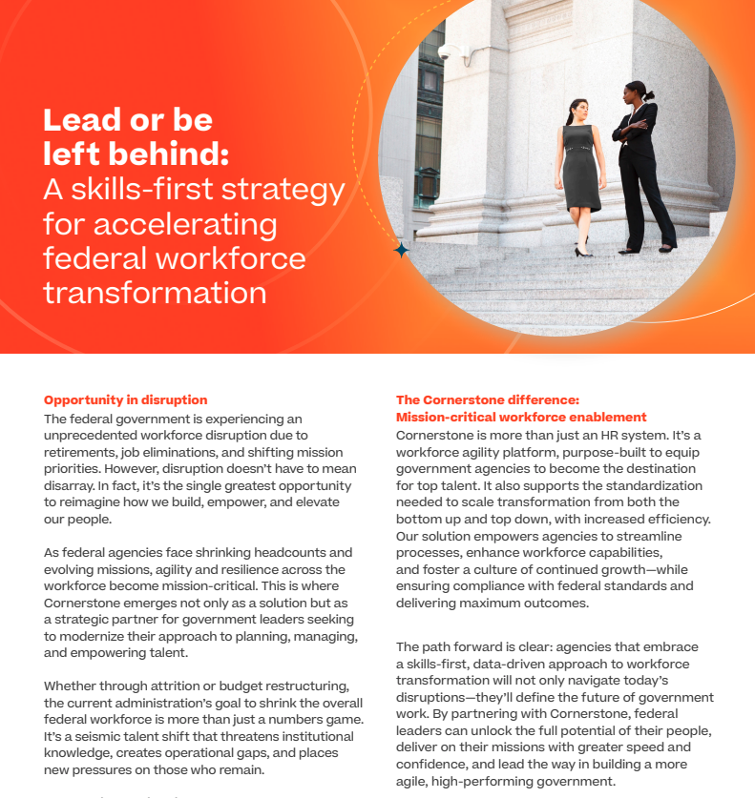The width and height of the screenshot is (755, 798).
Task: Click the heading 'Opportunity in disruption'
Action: (125, 399)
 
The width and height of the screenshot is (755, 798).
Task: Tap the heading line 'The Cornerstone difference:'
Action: (488, 399)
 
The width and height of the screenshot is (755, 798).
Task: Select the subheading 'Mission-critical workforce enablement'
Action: (521, 417)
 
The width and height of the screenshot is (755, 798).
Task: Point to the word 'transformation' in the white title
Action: (156, 292)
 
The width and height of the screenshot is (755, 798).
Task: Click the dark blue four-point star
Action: (402, 250)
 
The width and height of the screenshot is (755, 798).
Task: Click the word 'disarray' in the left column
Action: (73, 486)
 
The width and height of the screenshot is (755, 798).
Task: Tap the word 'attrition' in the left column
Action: (191, 687)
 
